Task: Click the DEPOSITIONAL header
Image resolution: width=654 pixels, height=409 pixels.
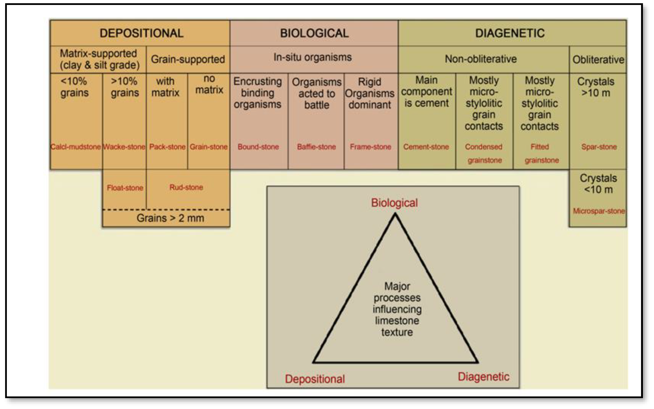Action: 141,33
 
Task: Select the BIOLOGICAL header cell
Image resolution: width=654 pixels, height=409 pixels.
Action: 314,33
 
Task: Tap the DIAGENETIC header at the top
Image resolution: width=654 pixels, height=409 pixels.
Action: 510,33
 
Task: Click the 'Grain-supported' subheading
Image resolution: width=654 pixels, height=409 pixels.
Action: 188,59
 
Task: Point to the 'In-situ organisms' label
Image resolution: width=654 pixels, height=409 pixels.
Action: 313,57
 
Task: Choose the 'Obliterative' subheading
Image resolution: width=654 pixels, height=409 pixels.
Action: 598,59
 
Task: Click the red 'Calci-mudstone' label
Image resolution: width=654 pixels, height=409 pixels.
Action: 76,147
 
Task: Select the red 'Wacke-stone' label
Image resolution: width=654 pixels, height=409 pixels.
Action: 124,147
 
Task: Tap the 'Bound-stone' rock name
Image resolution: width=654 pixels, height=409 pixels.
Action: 258,147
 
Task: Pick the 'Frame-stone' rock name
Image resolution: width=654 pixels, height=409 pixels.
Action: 370,147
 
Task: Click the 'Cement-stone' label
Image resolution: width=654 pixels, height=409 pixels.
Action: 426,147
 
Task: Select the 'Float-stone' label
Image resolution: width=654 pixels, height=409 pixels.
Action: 125,188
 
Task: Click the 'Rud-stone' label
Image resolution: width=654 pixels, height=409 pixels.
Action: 186,187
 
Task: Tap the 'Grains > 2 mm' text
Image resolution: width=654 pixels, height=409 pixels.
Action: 170,218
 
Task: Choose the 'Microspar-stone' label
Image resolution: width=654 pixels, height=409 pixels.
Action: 599,211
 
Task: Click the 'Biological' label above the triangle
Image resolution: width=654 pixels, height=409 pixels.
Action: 394,203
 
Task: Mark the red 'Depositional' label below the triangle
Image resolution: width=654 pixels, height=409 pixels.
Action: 315,379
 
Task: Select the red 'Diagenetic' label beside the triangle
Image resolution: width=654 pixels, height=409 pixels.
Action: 483,377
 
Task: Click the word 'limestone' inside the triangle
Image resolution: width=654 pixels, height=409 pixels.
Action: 397,321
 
